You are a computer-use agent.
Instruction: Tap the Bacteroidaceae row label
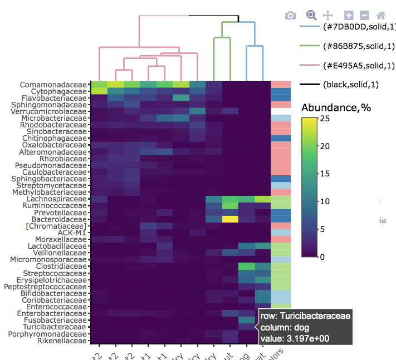[58, 219]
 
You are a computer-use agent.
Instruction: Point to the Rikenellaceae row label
[59, 341]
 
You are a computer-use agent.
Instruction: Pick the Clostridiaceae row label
[60, 267]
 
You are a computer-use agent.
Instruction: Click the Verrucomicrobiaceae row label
[51, 111]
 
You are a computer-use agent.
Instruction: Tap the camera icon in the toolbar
[290, 16]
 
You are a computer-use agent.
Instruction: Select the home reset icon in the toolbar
[381, 16]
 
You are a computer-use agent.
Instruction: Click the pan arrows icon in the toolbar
[328, 16]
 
